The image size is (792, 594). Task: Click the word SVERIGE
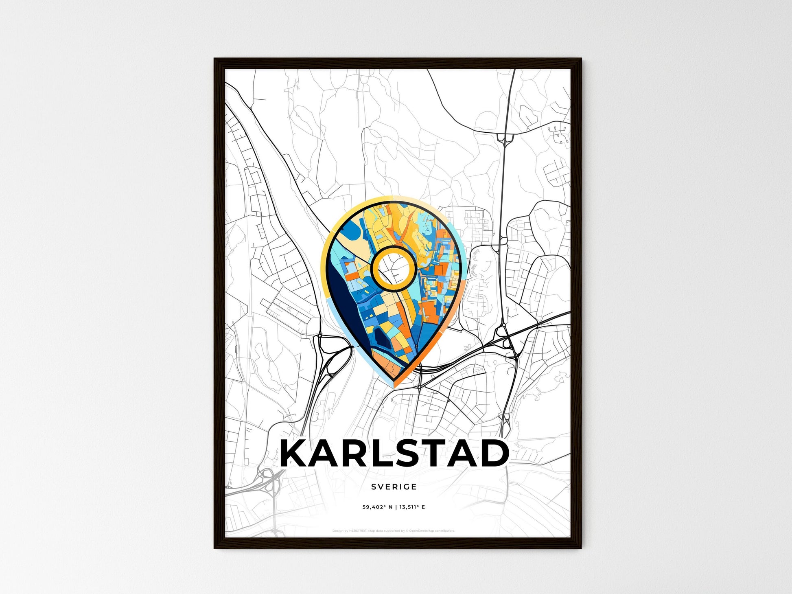[394, 487]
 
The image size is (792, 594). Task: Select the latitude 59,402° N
[377, 507]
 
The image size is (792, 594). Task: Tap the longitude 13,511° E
[412, 507]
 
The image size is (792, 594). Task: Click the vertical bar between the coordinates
[395, 507]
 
